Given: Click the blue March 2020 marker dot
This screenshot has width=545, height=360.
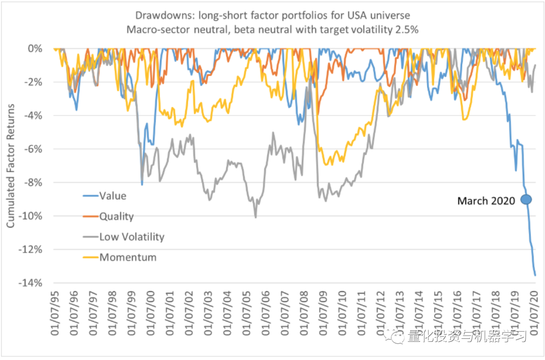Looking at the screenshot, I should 526,200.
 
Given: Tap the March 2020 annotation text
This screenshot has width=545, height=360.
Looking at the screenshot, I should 486,201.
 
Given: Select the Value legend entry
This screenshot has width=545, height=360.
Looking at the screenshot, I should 113,196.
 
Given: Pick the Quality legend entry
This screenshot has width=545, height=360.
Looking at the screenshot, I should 116,216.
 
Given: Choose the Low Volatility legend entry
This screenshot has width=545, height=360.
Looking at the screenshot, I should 131,236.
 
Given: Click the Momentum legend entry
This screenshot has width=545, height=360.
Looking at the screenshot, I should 128,257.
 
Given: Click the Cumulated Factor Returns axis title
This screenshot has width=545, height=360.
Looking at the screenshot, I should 11,166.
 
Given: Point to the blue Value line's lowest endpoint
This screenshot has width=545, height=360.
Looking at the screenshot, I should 535,275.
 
